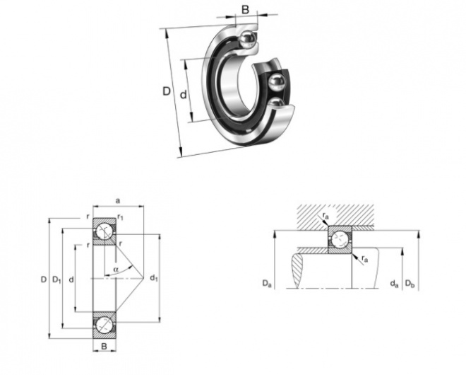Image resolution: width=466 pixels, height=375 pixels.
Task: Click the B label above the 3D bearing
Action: point(245,10)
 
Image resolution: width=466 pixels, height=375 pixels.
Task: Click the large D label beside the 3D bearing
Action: point(167,91)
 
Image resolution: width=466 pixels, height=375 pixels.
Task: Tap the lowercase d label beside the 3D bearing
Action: point(184,94)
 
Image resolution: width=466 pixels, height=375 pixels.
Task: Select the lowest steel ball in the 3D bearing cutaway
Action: point(277,104)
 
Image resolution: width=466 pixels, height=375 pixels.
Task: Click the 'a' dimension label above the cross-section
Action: point(118,201)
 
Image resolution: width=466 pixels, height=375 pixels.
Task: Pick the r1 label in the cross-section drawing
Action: point(120,217)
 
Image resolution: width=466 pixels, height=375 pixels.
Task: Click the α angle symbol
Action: point(116,270)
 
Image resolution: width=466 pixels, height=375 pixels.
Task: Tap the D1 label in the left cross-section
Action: point(56,279)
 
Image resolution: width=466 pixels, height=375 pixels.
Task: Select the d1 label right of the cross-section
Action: point(154,278)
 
